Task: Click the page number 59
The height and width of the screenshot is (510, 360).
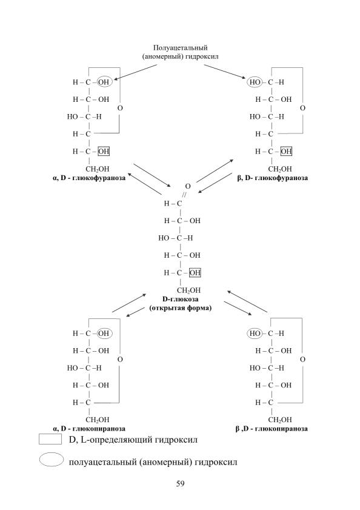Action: (180, 483)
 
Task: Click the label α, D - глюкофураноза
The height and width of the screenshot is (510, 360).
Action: (89, 178)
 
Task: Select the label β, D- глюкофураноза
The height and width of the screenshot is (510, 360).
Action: (273, 178)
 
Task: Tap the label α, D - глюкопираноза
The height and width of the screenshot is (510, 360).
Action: (89, 429)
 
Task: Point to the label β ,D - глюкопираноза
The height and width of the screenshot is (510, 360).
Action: (272, 429)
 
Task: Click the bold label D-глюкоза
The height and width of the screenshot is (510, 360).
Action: (180, 299)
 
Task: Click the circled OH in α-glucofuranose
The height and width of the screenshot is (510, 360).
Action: (104, 82)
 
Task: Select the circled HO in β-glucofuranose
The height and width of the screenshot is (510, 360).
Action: (255, 82)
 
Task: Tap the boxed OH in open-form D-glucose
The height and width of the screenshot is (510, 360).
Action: (195, 272)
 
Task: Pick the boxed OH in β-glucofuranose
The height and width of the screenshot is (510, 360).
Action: (286, 151)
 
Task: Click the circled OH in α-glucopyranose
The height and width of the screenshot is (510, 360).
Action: (104, 334)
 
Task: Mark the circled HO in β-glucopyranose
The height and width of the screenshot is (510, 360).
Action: (255, 334)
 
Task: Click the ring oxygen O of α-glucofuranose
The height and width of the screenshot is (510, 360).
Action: (120, 108)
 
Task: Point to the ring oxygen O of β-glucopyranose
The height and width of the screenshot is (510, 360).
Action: (302, 360)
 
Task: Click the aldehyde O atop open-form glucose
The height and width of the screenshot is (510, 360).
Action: (188, 186)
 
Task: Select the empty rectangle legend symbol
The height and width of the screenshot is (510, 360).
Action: (50, 439)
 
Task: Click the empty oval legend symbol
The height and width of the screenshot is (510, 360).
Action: (51, 460)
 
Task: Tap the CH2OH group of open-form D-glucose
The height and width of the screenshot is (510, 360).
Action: (188, 290)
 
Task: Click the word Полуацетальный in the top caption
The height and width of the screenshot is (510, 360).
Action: (180, 48)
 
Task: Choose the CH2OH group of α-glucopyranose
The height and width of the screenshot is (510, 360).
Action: (97, 420)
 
